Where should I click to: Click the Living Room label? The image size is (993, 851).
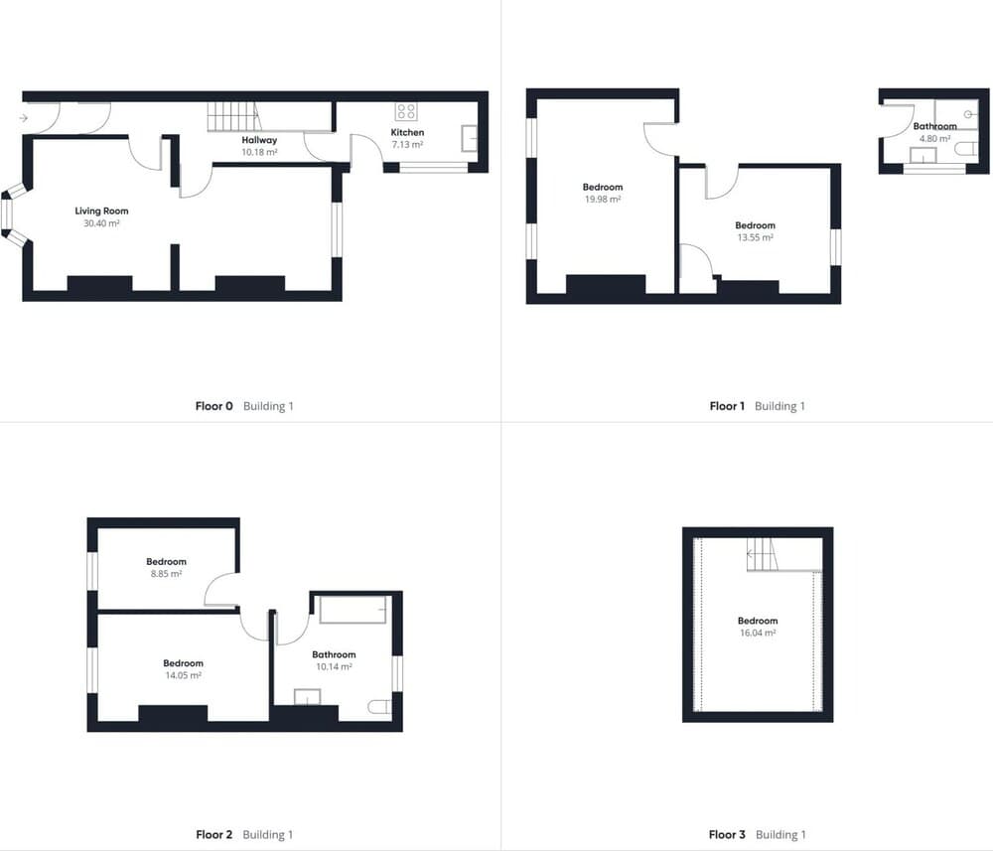(101, 211)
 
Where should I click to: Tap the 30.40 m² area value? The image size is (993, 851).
(101, 223)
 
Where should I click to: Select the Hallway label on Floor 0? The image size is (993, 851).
(259, 140)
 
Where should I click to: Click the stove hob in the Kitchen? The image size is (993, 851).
(405, 112)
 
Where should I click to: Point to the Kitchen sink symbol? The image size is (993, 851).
(470, 139)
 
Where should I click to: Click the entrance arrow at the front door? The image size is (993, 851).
(24, 118)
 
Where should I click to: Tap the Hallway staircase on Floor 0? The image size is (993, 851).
(234, 117)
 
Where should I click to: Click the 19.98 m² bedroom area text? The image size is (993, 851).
(603, 200)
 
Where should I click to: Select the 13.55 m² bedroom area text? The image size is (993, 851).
(755, 238)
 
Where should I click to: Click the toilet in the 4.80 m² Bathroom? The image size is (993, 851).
(967, 149)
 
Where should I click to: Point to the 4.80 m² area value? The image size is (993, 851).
(934, 139)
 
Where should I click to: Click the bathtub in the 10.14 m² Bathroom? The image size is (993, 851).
(354, 609)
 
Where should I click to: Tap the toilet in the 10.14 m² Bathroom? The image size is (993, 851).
(380, 707)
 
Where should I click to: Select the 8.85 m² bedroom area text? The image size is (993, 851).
(166, 574)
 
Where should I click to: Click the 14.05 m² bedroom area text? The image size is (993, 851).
(183, 675)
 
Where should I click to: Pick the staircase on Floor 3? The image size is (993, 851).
(762, 555)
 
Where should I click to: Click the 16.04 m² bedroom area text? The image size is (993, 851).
(758, 634)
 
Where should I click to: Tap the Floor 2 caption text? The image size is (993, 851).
(214, 834)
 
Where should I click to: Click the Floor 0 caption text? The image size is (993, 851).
(214, 406)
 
